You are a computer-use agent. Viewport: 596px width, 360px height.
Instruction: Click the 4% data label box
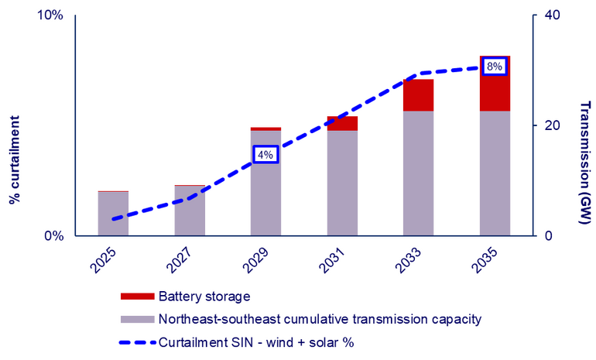tap(265, 155)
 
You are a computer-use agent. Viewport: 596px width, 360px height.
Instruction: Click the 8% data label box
tap(495, 67)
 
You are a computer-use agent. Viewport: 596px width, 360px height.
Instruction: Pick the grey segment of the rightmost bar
tap(495, 173)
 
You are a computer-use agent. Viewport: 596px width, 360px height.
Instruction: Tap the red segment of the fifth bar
tap(418, 95)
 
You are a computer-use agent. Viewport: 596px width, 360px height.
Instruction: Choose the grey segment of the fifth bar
tap(418, 173)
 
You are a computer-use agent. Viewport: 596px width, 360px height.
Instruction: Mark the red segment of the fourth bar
tap(342, 123)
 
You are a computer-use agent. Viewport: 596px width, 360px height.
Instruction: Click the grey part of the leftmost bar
tap(113, 213)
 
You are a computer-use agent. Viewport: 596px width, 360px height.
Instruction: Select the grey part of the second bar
tap(190, 210)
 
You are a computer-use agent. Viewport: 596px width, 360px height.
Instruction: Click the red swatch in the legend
tap(137, 296)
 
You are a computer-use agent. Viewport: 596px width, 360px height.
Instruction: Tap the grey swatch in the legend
tap(137, 319)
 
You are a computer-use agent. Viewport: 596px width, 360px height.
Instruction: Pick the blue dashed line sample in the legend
tap(137, 341)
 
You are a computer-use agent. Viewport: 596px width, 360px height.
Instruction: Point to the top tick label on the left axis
tap(51, 15)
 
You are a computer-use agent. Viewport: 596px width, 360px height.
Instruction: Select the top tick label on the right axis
tap(551, 15)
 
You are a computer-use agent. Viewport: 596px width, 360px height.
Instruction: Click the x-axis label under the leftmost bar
tap(103, 260)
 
